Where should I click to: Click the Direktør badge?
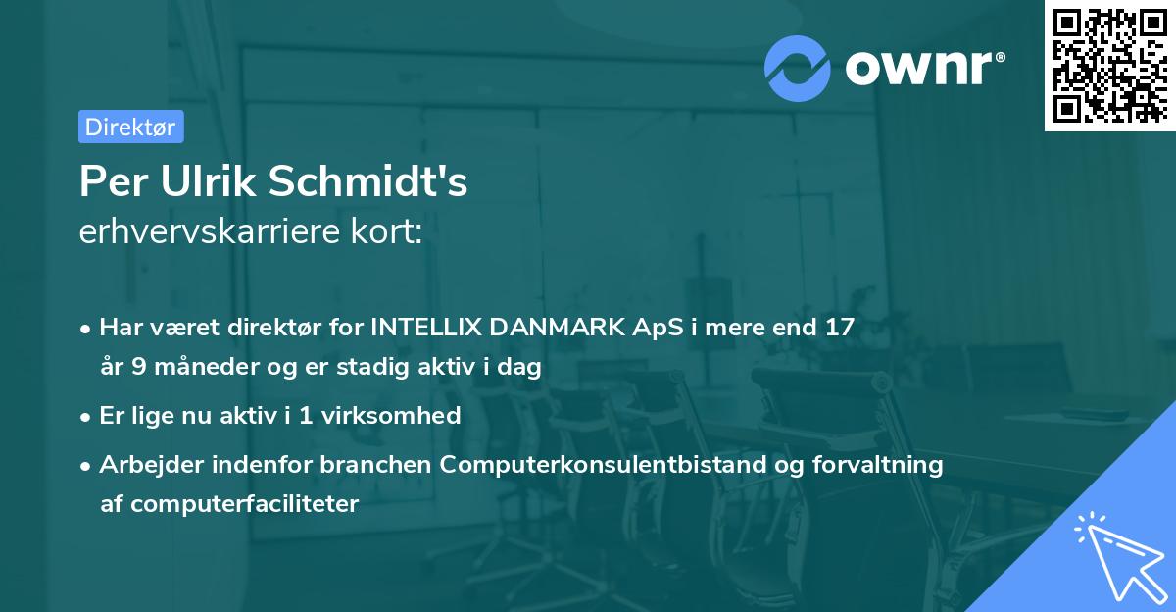click(130, 127)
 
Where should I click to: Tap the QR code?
click(1109, 65)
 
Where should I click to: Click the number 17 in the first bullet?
click(840, 327)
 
